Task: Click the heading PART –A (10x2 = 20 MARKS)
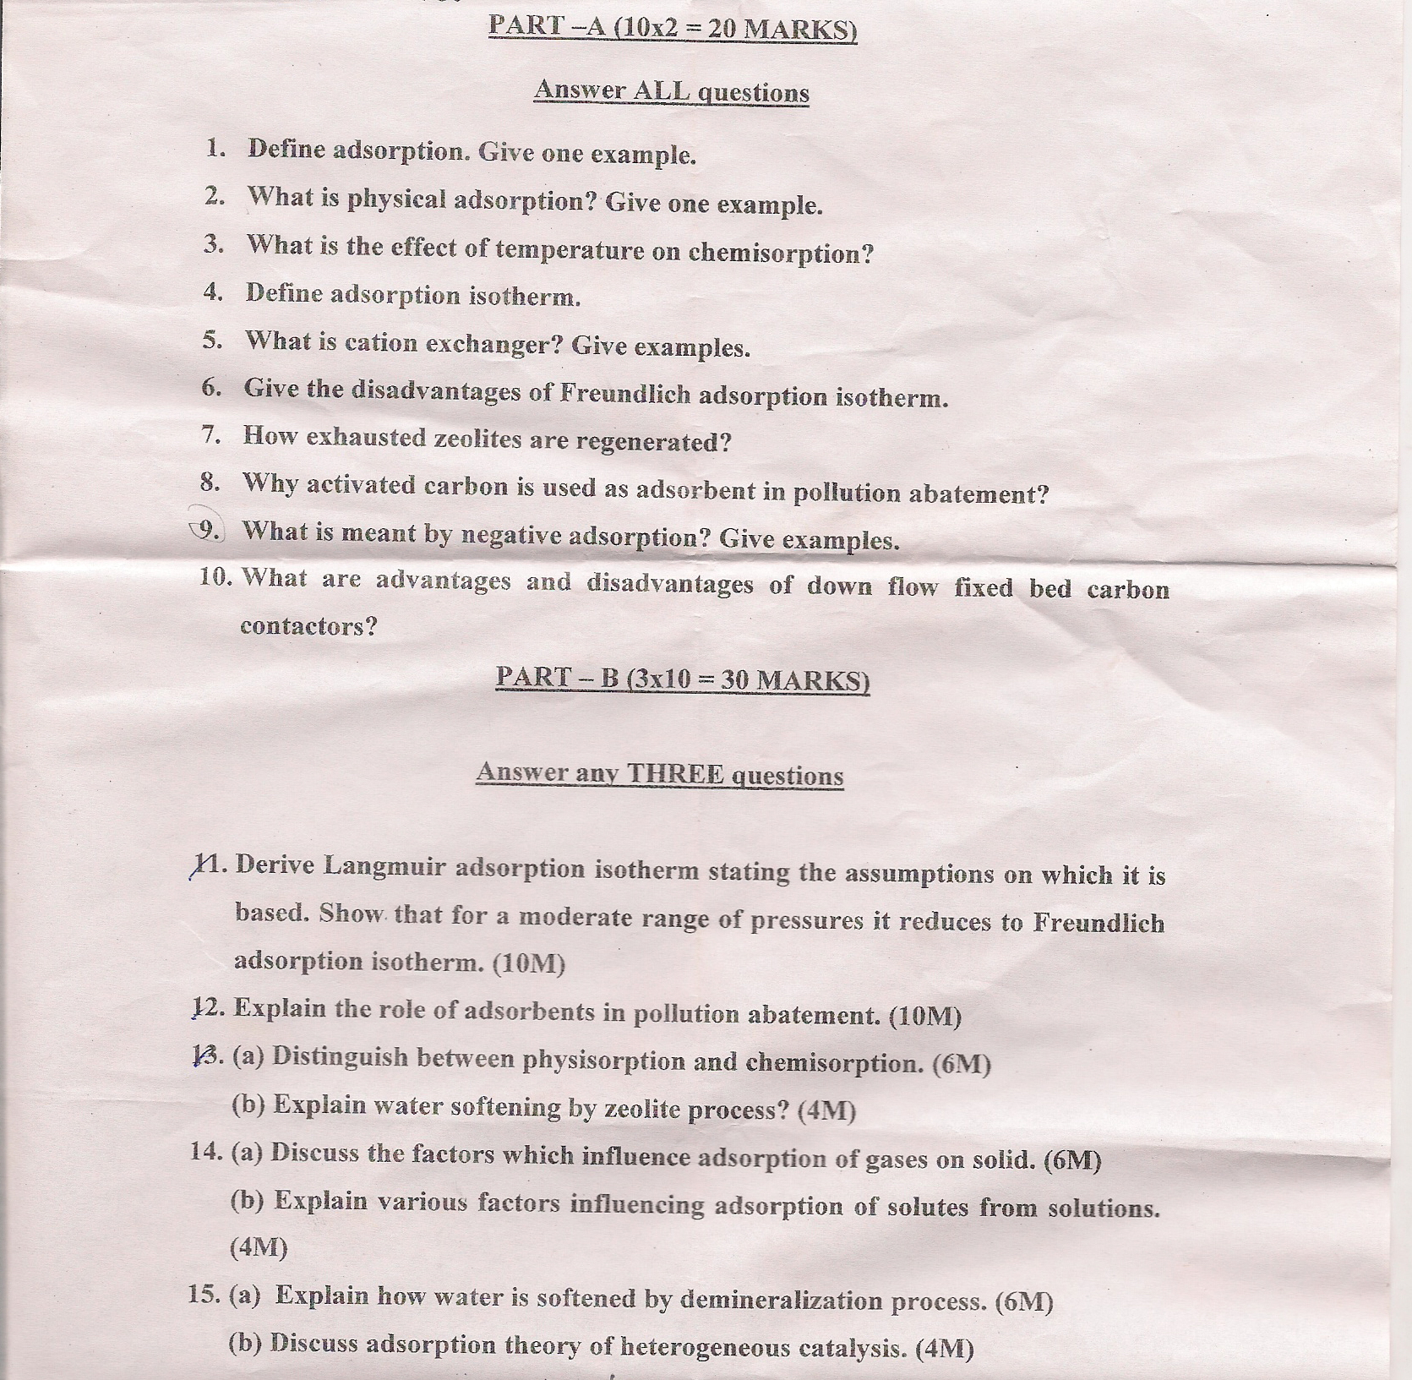pos(673,27)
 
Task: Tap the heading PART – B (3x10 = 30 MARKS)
pos(682,679)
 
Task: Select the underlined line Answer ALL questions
pos(671,91)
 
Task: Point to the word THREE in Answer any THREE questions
pos(675,774)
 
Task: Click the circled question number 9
pos(206,530)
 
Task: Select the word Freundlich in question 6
pos(625,394)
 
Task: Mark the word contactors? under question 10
pos(308,626)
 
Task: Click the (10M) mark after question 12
pos(925,1015)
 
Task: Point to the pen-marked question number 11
pos(208,865)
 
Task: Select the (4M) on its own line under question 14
pos(259,1247)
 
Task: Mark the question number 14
pos(206,1152)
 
